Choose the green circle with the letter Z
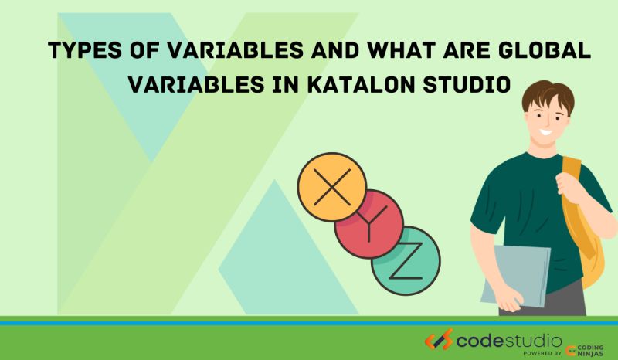coord(406,260)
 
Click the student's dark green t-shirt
coord(525,209)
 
